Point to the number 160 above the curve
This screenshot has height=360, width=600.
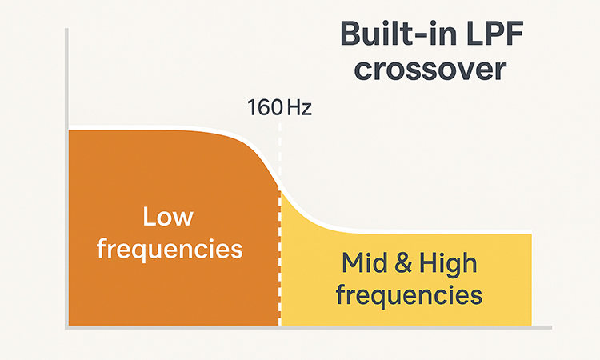click(x=264, y=107)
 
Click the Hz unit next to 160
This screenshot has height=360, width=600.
click(x=298, y=107)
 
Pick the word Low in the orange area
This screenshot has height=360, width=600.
click(x=168, y=217)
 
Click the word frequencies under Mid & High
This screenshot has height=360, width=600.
click(x=409, y=294)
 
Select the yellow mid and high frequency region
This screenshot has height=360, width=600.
click(x=480, y=312)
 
